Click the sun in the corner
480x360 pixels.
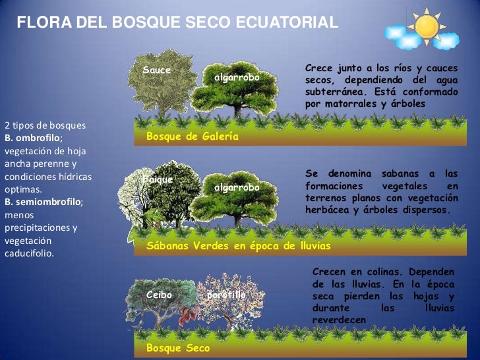pyautogui.click(x=427, y=26)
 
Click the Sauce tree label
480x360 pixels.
pyautogui.click(x=156, y=71)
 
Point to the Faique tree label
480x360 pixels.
pyautogui.click(x=158, y=179)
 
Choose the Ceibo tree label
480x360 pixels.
pyautogui.click(x=159, y=295)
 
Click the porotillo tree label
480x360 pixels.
pyautogui.click(x=226, y=295)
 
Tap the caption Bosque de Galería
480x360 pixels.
pyautogui.click(x=192, y=136)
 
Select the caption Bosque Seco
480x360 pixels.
pyautogui.click(x=178, y=347)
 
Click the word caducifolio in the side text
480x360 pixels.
pyautogui.click(x=30, y=253)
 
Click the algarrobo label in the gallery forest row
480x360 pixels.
pyautogui.click(x=237, y=78)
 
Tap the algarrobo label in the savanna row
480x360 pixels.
pyautogui.click(x=237, y=188)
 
